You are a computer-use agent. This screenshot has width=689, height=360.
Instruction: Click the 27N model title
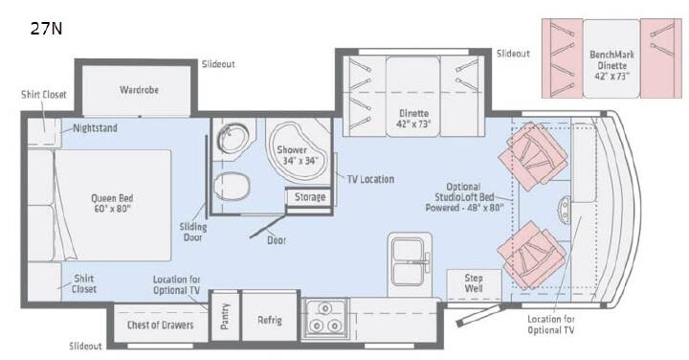(46, 29)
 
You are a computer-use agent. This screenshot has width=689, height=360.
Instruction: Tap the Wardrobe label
(139, 90)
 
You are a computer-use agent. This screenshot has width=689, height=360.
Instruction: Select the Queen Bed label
(112, 203)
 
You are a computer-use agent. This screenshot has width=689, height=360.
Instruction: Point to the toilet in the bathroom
(232, 187)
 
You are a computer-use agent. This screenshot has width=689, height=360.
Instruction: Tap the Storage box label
(310, 197)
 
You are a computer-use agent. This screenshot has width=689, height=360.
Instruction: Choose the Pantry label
(225, 316)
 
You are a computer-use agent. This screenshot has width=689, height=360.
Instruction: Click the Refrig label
(269, 320)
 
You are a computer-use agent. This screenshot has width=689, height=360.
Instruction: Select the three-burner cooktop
(325, 318)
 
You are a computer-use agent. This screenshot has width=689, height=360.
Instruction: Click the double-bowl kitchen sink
(410, 262)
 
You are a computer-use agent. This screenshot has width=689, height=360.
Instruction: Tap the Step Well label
(474, 283)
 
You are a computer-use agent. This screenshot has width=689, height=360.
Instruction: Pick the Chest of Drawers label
(160, 325)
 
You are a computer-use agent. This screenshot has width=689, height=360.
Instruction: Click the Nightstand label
(95, 128)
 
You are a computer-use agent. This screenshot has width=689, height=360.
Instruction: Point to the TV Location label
(370, 179)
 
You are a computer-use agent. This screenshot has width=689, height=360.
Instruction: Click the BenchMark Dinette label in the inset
(611, 65)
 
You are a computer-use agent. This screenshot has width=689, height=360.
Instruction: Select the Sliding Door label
(193, 232)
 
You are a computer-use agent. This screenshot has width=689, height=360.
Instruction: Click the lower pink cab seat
(532, 255)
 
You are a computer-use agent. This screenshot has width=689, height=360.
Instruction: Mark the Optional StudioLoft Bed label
(464, 197)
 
